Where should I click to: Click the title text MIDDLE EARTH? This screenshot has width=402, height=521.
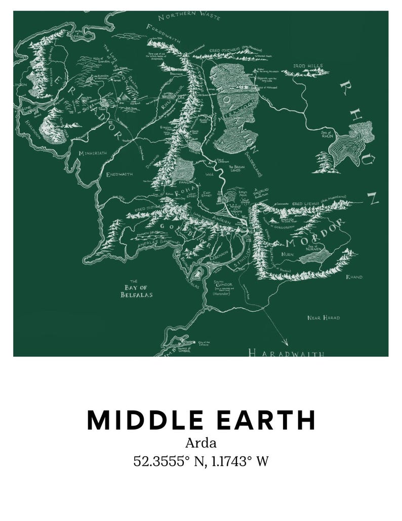click(201, 420)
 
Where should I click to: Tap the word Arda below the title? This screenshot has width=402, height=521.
click(201, 443)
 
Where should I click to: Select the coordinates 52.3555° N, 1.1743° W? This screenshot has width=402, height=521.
click(201, 461)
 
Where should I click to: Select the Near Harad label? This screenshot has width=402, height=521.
click(324, 318)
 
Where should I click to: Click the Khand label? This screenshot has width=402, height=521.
click(354, 277)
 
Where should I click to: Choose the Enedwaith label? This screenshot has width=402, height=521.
click(119, 174)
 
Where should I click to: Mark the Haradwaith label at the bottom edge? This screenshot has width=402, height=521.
click(286, 353)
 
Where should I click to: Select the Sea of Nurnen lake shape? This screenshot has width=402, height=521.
click(315, 258)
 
